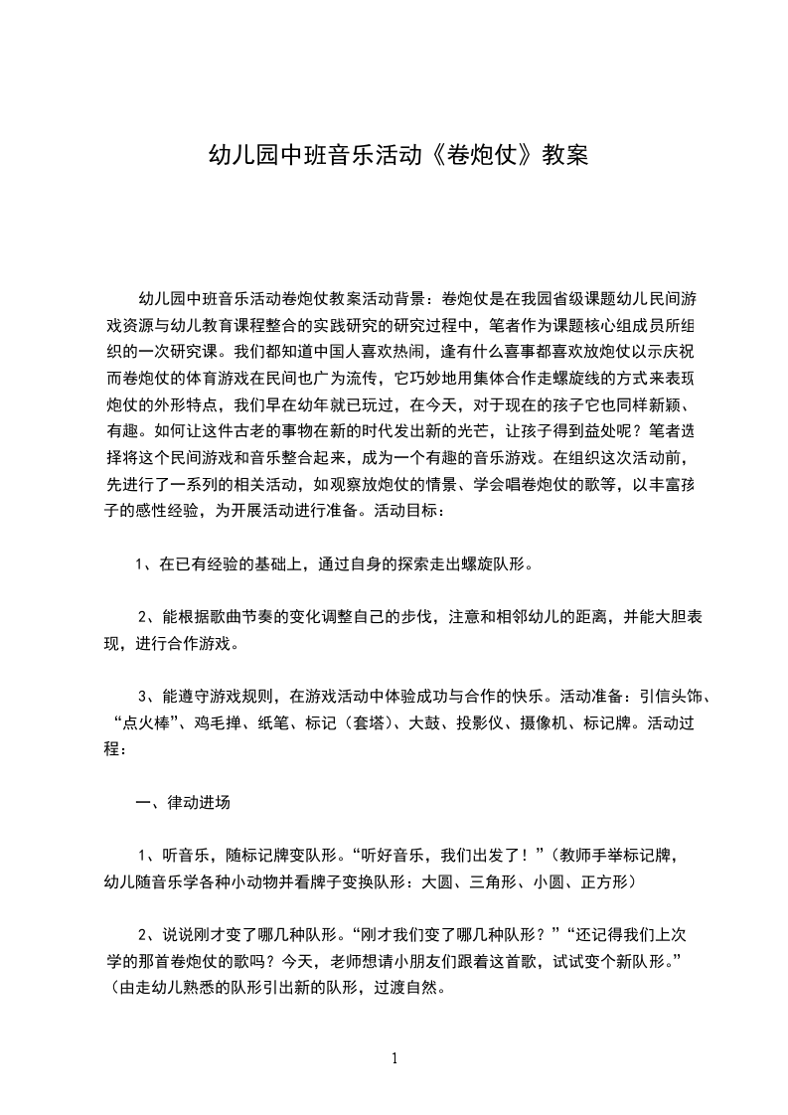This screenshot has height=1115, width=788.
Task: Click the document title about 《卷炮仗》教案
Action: pyautogui.click(x=396, y=156)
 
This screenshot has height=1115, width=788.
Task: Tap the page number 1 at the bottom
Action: pyautogui.click(x=394, y=1058)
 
